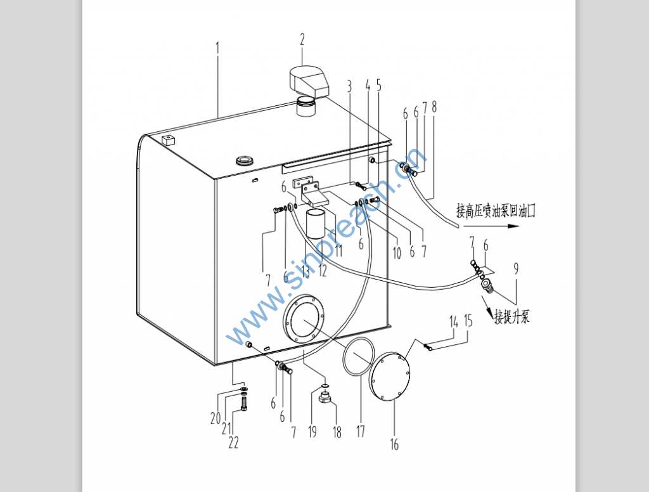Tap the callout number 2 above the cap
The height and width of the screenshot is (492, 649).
[302, 39]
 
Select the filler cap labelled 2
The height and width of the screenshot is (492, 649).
[309, 82]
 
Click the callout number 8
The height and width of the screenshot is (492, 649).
[434, 107]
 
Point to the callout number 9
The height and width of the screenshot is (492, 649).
[516, 269]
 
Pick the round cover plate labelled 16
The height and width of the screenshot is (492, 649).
[390, 376]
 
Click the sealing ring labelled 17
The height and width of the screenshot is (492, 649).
[359, 357]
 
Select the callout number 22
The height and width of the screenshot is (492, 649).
[233, 443]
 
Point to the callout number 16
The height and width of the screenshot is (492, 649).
[394, 444]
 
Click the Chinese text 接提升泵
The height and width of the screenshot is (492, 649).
[512, 317]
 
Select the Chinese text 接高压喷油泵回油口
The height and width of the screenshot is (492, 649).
[496, 210]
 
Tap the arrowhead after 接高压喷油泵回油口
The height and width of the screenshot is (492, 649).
[513, 226]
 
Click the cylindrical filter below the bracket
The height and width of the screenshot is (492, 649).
[317, 224]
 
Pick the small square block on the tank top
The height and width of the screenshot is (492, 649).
[169, 139]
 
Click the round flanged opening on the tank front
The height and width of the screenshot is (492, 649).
[304, 318]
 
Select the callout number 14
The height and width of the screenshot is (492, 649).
[454, 322]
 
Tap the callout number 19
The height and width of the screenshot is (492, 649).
[312, 432]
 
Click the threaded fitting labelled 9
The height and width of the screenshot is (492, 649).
[487, 286]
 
